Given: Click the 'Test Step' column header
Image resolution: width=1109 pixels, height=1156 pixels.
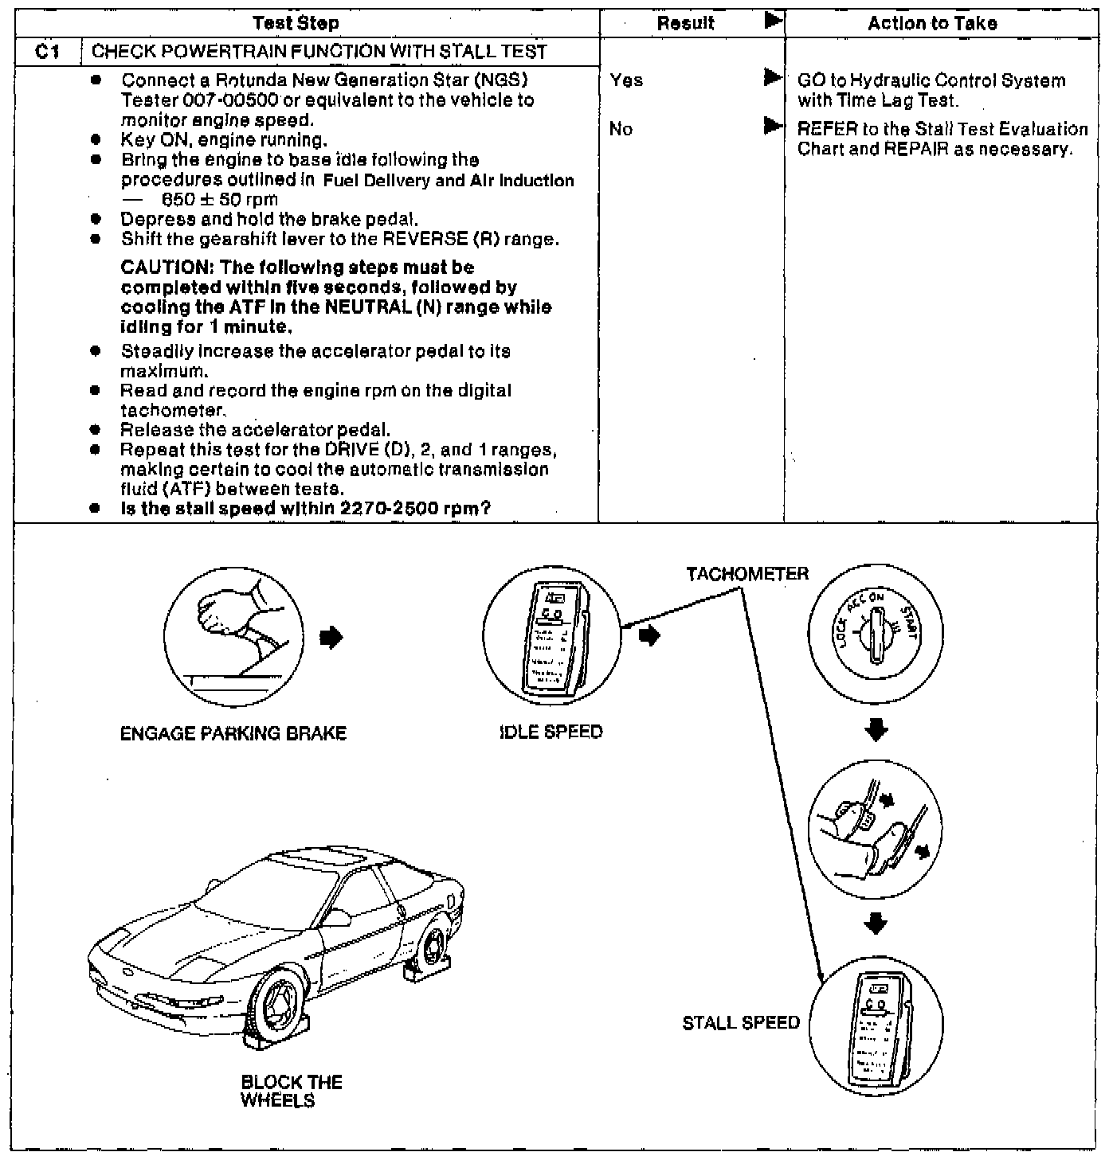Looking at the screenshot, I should [296, 24].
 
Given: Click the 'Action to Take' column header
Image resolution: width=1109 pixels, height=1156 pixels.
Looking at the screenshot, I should [932, 24].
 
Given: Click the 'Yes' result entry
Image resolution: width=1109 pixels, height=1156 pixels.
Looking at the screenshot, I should [626, 80].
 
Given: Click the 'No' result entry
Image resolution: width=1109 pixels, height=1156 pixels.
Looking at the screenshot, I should [621, 129].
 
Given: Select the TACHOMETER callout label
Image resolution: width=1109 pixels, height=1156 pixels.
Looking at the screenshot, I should [747, 574].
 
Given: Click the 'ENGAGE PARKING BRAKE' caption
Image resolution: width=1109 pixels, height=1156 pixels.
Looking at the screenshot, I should [233, 733].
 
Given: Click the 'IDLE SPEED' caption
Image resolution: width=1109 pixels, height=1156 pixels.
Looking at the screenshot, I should [551, 732].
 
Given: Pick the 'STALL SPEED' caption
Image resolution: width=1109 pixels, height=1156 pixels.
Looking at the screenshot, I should [741, 1023].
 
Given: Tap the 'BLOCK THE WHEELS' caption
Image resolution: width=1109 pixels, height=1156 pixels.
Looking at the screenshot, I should [291, 1092].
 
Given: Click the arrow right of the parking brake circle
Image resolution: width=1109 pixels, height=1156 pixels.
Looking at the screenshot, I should [334, 637].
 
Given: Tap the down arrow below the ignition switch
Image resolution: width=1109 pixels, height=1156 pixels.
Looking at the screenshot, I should [876, 730].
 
